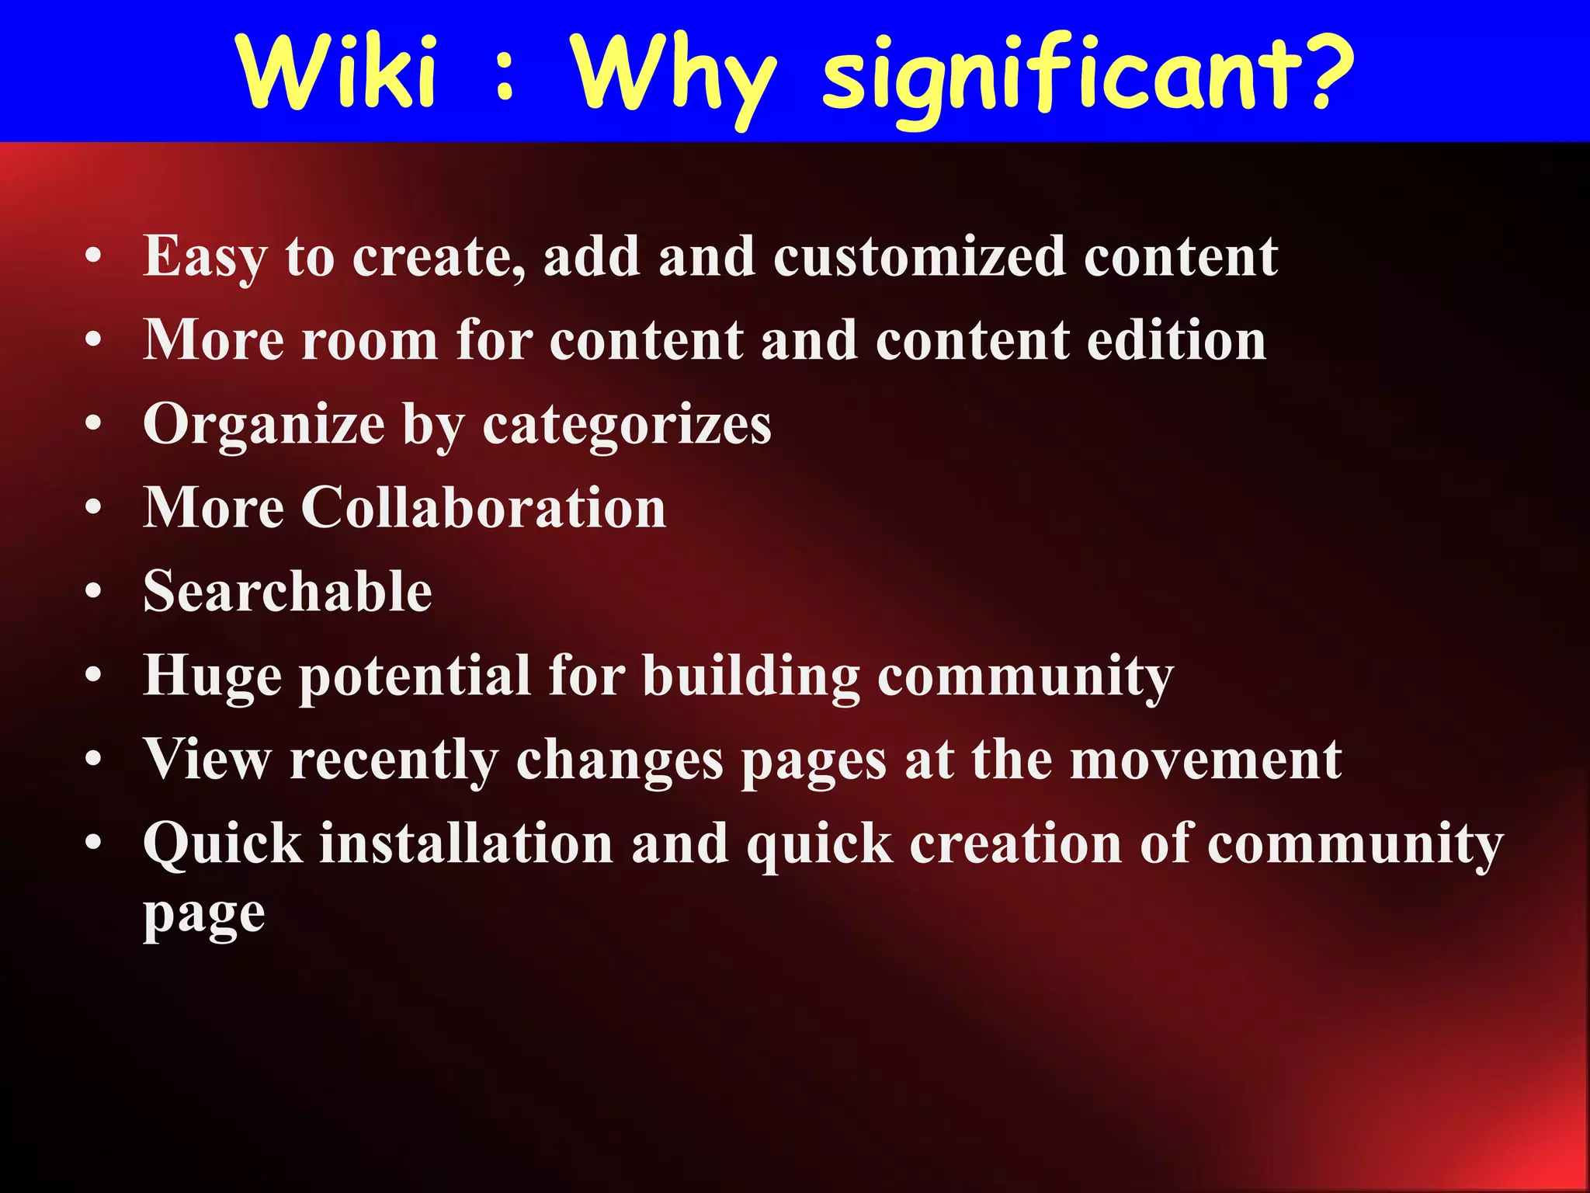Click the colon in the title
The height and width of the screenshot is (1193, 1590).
click(505, 78)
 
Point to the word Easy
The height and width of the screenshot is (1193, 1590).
click(205, 257)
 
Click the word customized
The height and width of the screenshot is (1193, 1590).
click(918, 257)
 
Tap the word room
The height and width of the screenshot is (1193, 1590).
click(370, 342)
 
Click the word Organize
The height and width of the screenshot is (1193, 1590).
click(264, 426)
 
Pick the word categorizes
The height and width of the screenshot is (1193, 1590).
click(627, 426)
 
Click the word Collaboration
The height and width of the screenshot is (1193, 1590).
click(483, 508)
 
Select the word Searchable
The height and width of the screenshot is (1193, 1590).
click(287, 592)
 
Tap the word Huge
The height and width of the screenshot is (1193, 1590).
click(212, 676)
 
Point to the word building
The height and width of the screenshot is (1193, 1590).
click(751, 676)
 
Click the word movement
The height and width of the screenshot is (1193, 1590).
click(1206, 760)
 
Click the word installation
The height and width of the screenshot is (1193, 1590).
click(467, 843)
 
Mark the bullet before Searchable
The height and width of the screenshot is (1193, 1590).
click(93, 593)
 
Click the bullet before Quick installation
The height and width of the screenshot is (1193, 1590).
click(93, 843)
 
